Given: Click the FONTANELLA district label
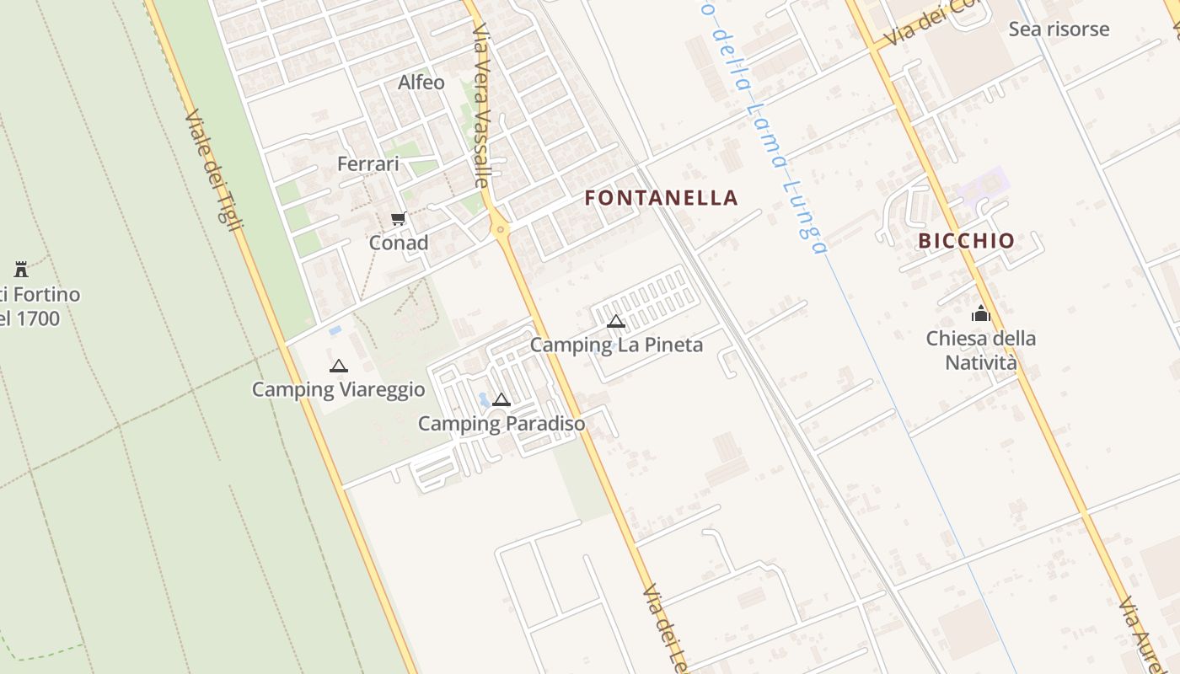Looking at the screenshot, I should [x=661, y=198].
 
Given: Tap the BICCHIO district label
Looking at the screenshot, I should [x=966, y=241].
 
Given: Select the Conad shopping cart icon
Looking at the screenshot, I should [x=399, y=219].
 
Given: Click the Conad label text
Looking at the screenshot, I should [x=399, y=243].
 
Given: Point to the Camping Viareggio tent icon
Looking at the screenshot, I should [x=339, y=366].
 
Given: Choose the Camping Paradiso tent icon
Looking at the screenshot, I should [x=501, y=399].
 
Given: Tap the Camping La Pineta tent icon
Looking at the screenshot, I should [x=616, y=321].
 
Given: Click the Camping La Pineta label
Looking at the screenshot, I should [x=616, y=345].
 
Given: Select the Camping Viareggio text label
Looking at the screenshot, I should [x=339, y=389].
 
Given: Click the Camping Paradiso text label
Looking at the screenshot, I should [x=501, y=423].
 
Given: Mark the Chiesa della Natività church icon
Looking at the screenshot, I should [x=980, y=314].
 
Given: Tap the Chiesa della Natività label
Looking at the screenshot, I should [x=981, y=350].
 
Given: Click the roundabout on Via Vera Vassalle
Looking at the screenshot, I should [x=501, y=228].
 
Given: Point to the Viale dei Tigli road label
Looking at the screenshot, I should [x=213, y=168].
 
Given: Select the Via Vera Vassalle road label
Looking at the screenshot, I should [x=481, y=105].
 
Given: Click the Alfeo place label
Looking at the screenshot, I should [x=421, y=82].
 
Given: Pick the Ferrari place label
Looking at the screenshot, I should [x=368, y=163].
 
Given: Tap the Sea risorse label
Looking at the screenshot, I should [x=1059, y=29].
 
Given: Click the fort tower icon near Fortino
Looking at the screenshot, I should [x=21, y=270].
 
